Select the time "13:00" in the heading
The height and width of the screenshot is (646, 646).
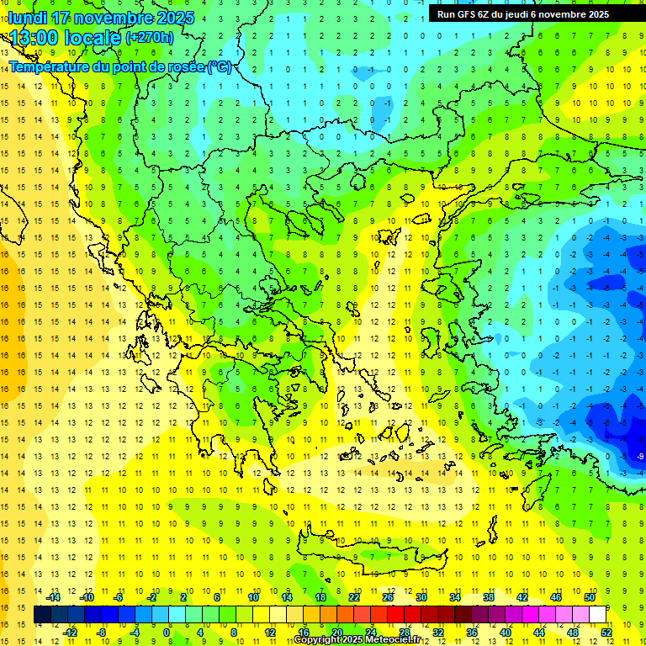tap(34, 37)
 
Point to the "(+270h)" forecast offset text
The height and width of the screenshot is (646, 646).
tap(149, 37)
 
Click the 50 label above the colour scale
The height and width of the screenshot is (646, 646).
tap(589, 597)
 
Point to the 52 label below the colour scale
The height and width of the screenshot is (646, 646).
tap(606, 633)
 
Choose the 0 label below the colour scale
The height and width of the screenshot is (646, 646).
tap(167, 633)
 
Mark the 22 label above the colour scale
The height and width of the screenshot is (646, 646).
tap(354, 597)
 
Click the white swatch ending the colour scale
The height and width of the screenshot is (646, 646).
tap(597, 615)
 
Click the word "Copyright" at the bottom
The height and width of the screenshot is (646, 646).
tap(317, 640)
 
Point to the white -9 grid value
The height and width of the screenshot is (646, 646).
tap(640, 456)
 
